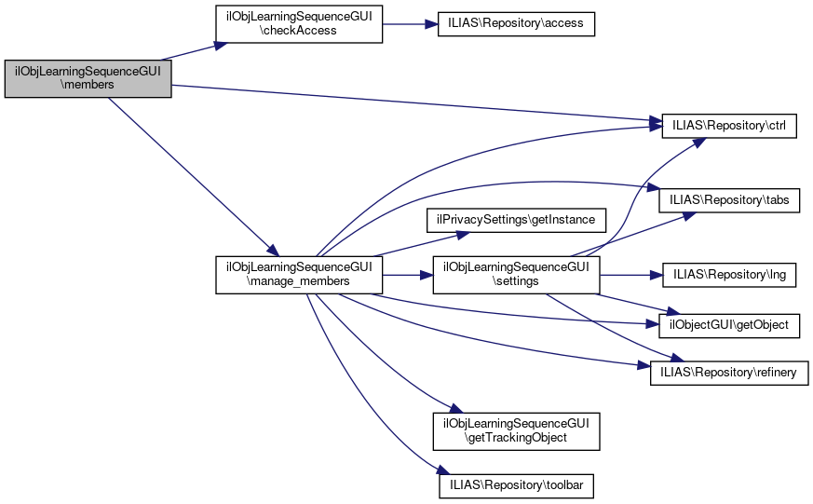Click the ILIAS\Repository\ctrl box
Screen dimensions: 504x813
[x=729, y=125]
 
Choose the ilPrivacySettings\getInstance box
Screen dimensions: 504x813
[x=516, y=220]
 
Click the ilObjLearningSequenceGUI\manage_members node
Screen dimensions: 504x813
[x=299, y=275]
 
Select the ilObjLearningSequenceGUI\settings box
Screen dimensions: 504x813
[x=516, y=275]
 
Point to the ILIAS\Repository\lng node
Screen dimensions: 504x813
[x=729, y=275]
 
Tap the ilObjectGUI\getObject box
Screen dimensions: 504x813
[x=729, y=325]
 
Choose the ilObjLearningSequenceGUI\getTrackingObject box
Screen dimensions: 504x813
[x=516, y=429]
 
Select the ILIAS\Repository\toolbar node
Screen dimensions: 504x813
[x=516, y=485]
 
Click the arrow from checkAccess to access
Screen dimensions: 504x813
[x=410, y=24]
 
